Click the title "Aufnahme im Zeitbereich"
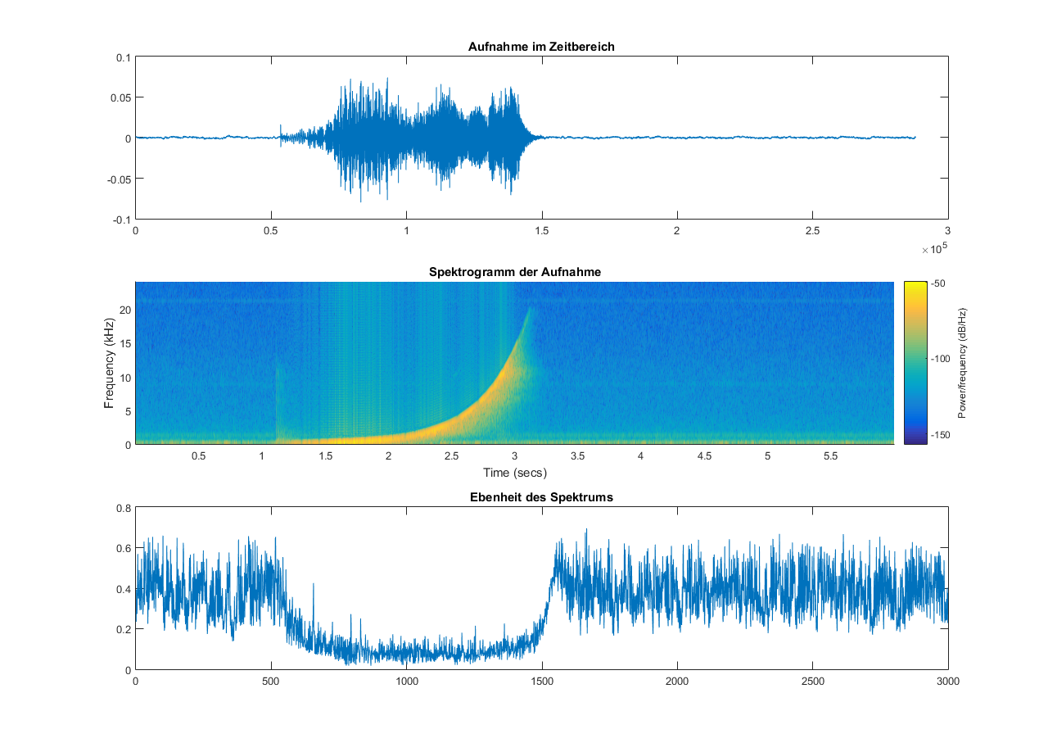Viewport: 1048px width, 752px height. [541, 47]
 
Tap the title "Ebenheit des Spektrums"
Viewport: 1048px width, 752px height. [541, 497]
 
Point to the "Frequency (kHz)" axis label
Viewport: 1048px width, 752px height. [108, 362]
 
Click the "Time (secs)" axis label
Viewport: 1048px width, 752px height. [513, 473]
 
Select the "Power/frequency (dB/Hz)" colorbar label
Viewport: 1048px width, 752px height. [962, 363]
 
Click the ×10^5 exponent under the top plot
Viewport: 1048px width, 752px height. [933, 249]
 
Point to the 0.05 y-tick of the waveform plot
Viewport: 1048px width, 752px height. [120, 97]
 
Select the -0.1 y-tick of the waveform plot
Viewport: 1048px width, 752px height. [121, 220]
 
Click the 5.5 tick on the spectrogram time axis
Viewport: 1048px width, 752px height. [830, 456]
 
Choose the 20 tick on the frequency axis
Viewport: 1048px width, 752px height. [124, 310]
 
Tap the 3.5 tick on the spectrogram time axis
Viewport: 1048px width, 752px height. [577, 456]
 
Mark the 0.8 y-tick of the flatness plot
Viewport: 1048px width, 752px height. [123, 508]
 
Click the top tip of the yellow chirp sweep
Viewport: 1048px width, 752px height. [529, 306]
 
